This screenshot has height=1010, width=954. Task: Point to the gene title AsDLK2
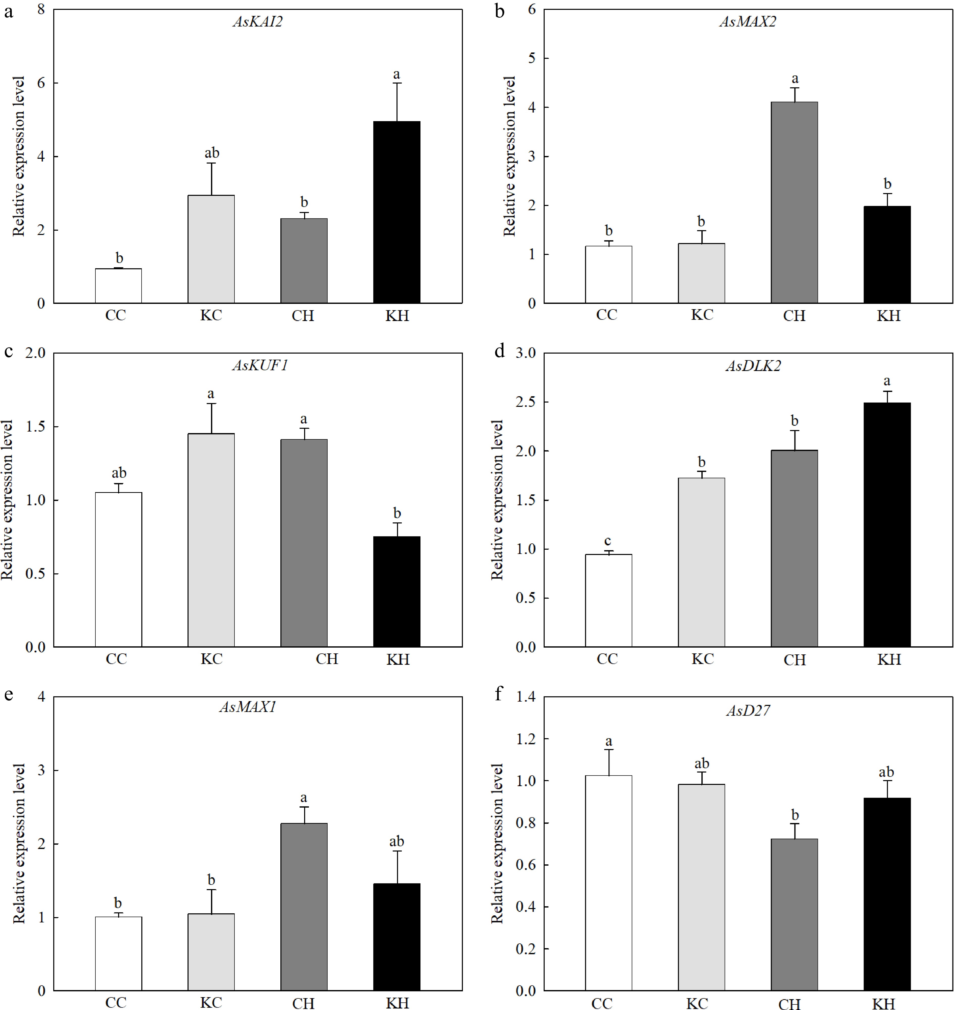[x=753, y=366]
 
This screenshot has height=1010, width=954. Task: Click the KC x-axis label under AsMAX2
[x=702, y=315]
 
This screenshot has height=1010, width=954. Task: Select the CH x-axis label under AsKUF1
[x=327, y=659]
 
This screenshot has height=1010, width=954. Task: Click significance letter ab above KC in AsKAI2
[x=211, y=153]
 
